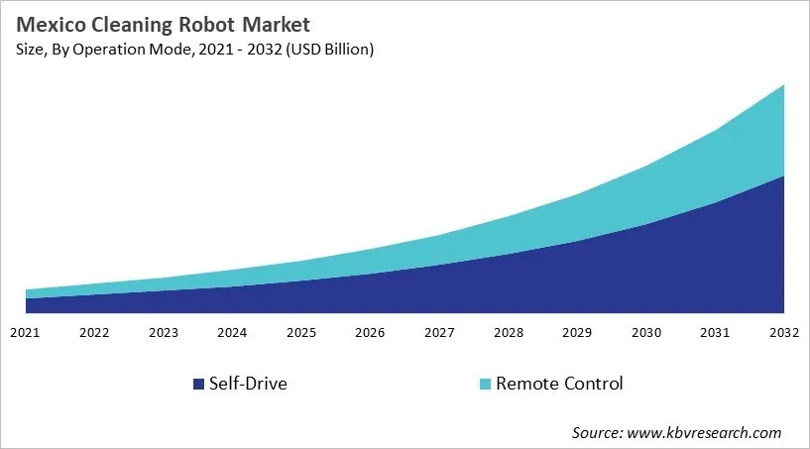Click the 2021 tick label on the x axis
26,332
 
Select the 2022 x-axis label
94,332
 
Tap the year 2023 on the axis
164,332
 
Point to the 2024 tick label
232,332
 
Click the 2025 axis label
301,332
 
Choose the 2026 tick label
370,332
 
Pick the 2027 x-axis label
439,332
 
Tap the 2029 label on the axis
577,332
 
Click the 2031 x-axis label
715,332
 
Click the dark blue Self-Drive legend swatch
198,384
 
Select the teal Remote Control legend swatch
484,384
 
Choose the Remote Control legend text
559,384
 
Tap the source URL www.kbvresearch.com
704,432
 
